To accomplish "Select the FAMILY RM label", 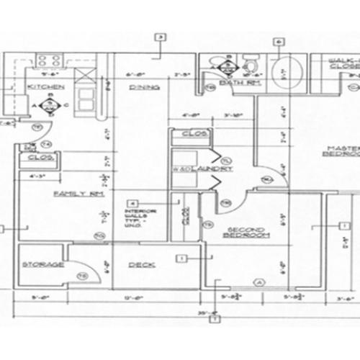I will tap(71, 194).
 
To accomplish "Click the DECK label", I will tap(139, 264).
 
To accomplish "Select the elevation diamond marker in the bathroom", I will tap(230, 66).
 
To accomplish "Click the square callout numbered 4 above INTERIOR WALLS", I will tap(132, 203).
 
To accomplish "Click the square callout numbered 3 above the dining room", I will tap(160, 37).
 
